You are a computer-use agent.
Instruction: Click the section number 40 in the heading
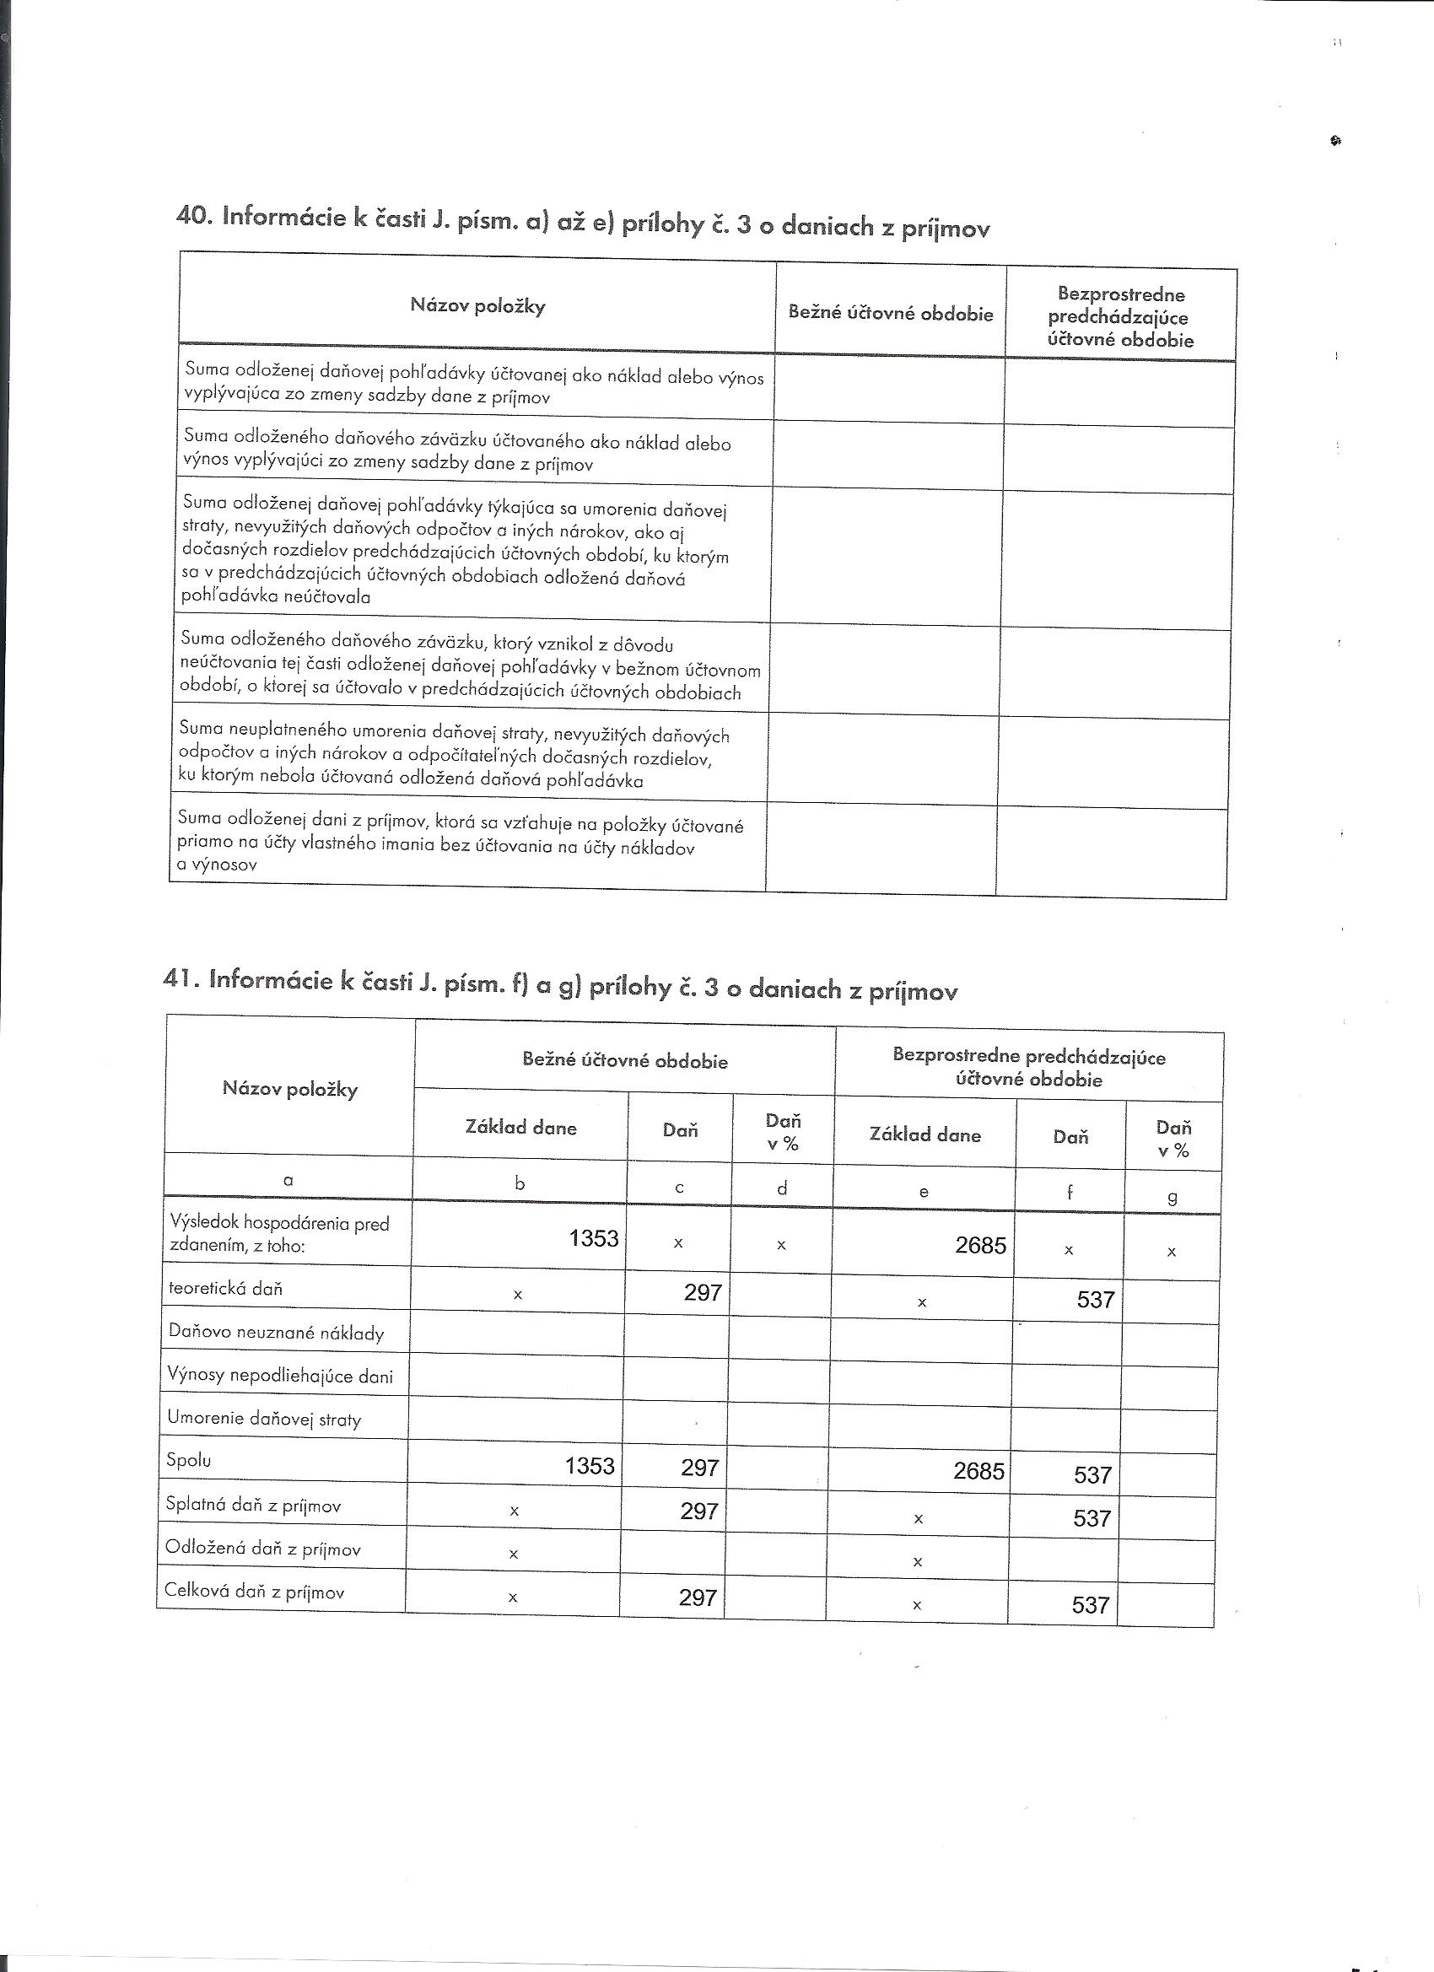pyautogui.click(x=191, y=216)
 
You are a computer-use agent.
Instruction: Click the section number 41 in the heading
pyautogui.click(x=176, y=978)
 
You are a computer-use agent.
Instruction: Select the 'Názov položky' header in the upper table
pyautogui.click(x=477, y=305)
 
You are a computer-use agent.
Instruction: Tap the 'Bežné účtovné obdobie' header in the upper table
pyautogui.click(x=891, y=313)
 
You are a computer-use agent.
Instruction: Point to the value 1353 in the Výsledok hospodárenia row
pyautogui.click(x=594, y=1237)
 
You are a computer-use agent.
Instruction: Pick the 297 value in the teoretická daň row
pyautogui.click(x=703, y=1292)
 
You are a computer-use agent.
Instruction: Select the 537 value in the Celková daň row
pyautogui.click(x=1092, y=1604)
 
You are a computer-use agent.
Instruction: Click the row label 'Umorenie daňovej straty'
pyautogui.click(x=263, y=1420)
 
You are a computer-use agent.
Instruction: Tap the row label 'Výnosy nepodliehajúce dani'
pyautogui.click(x=280, y=1376)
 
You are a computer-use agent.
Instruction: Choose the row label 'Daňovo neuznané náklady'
pyautogui.click(x=277, y=1332)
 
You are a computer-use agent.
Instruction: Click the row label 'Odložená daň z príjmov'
pyautogui.click(x=263, y=1549)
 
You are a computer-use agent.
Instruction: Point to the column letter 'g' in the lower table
pyautogui.click(x=1173, y=1196)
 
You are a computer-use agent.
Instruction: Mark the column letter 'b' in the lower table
pyautogui.click(x=520, y=1183)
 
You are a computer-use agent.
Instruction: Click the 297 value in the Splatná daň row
pyautogui.click(x=699, y=1511)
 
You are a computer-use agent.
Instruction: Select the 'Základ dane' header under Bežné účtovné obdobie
pyautogui.click(x=521, y=1128)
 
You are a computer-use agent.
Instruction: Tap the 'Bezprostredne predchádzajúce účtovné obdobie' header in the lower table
pyautogui.click(x=1029, y=1067)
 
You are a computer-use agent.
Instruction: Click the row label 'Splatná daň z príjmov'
pyautogui.click(x=254, y=1505)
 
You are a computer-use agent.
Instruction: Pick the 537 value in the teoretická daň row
pyautogui.click(x=1095, y=1299)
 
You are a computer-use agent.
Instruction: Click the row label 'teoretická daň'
pyautogui.click(x=226, y=1289)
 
